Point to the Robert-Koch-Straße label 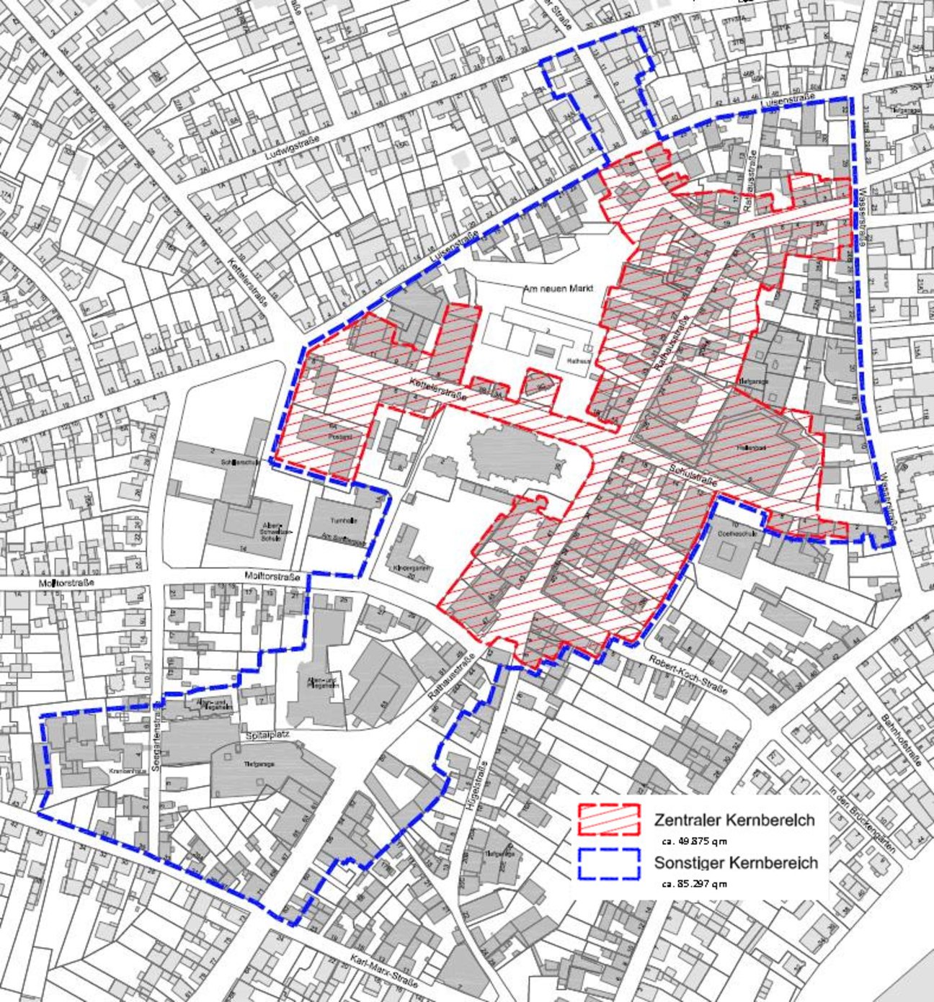coord(688,675)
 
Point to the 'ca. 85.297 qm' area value coord(693,884)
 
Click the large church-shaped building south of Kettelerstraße coord(513,455)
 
